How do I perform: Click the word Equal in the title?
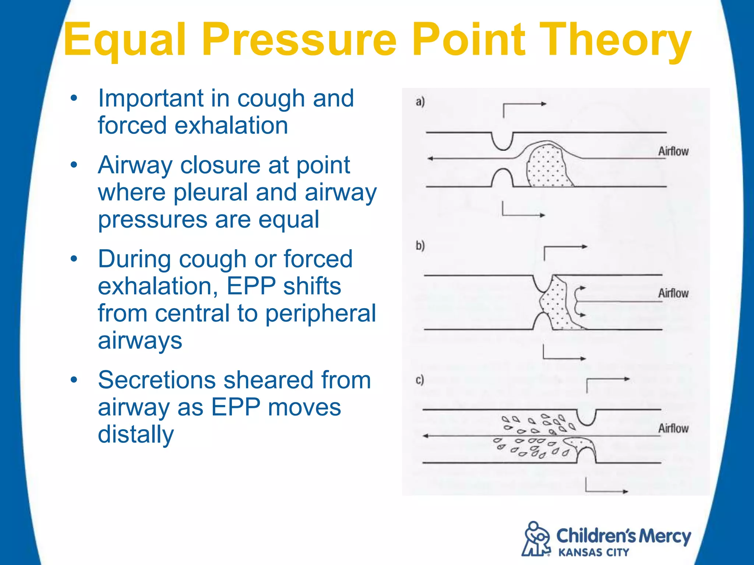[124, 40]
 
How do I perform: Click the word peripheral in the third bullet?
[320, 313]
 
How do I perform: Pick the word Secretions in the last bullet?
[157, 380]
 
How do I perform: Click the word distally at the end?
[135, 434]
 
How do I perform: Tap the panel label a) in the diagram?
[420, 102]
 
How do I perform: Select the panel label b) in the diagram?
[420, 245]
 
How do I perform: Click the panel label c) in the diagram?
[420, 380]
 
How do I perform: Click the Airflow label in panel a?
[673, 151]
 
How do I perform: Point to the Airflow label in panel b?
[673, 293]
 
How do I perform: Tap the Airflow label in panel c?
[673, 428]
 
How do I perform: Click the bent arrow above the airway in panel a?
[523, 107]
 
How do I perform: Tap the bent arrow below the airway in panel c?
[604, 488]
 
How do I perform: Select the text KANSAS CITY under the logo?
[593, 552]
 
